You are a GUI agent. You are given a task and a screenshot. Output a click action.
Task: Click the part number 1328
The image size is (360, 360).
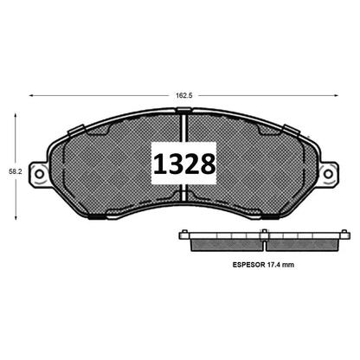184,164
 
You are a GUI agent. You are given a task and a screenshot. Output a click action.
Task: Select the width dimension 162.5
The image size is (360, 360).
184,95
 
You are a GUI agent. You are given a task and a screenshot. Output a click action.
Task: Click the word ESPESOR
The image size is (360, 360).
248,265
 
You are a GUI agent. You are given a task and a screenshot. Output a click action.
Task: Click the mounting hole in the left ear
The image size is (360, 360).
40,174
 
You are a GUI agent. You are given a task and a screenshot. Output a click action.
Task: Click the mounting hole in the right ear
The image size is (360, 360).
329,174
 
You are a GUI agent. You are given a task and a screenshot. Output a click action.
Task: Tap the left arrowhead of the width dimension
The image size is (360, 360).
31,95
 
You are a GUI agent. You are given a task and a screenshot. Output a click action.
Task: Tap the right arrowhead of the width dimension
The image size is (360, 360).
336,95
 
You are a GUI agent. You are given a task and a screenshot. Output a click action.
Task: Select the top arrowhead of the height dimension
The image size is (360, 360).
16,116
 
